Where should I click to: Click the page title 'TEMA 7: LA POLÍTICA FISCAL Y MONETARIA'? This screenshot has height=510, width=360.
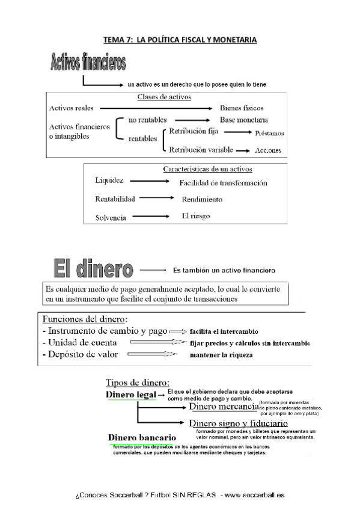(x=180, y=40)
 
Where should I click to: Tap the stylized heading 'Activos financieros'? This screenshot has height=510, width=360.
(x=88, y=62)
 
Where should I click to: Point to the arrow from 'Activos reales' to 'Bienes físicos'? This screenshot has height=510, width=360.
(x=156, y=108)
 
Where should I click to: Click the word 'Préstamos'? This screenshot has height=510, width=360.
(x=269, y=133)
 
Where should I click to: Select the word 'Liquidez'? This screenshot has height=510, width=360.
(x=109, y=180)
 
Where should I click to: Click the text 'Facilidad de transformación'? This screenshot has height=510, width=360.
(x=223, y=183)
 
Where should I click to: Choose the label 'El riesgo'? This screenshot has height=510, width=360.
(x=196, y=215)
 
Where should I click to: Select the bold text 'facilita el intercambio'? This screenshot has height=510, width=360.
(x=224, y=331)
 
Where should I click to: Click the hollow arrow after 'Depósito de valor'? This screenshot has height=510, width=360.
(x=154, y=355)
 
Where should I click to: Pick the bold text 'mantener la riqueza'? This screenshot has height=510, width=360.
(x=221, y=355)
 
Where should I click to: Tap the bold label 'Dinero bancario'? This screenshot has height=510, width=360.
(x=142, y=437)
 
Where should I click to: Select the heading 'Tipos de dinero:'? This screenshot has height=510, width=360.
(x=137, y=382)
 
